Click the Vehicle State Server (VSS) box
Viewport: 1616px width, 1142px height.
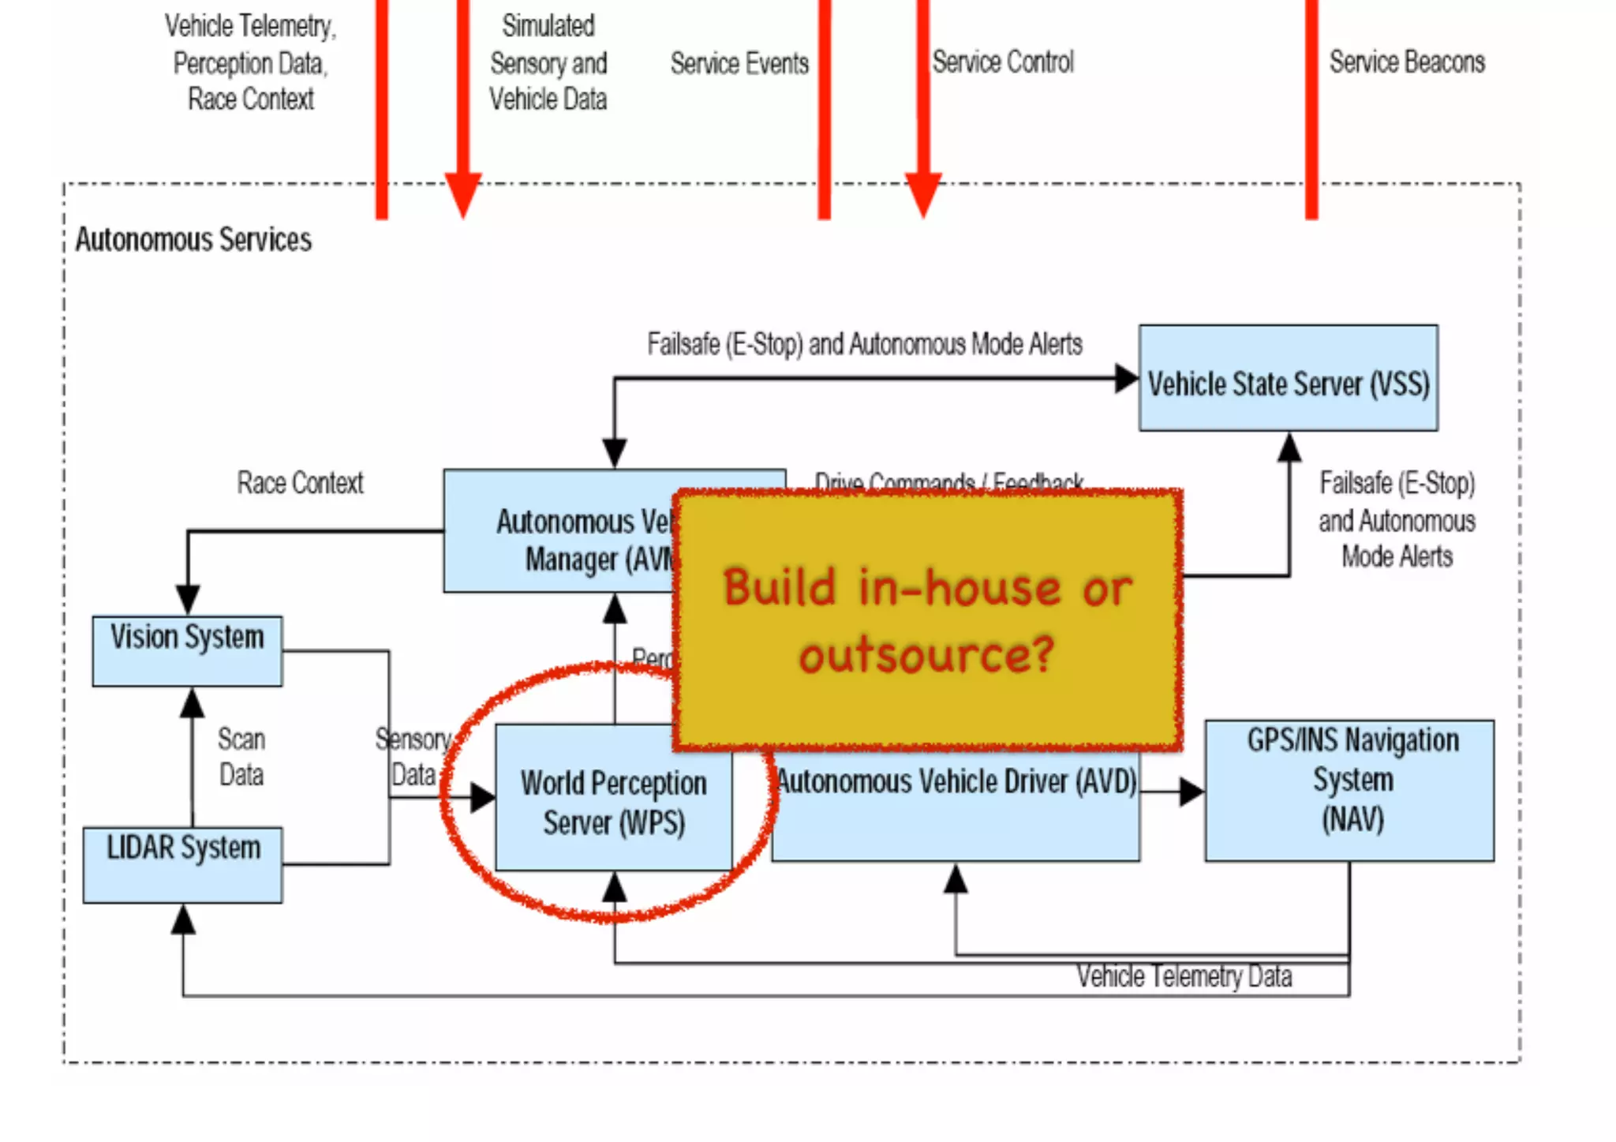[1288, 379]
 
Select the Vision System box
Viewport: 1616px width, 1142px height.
[187, 651]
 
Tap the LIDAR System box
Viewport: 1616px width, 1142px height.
[183, 864]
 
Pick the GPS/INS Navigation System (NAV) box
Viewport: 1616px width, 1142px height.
[1350, 790]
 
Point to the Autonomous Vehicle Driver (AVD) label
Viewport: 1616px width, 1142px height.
[956, 782]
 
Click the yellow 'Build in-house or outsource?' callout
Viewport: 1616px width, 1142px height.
[928, 620]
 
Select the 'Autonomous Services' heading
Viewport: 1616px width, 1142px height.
[193, 240]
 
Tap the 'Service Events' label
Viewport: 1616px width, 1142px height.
[739, 63]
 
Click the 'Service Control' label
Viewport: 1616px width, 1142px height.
[1003, 62]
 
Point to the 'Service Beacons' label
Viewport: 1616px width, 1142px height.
[1407, 62]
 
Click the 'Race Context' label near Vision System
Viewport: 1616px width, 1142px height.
[300, 483]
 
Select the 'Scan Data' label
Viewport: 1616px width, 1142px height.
[241, 757]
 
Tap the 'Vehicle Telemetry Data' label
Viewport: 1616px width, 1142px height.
[1184, 977]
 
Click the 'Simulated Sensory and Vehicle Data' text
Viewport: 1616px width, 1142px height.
[548, 63]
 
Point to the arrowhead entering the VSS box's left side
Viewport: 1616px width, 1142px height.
[1126, 379]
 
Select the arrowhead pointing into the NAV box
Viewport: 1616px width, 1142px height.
[1191, 792]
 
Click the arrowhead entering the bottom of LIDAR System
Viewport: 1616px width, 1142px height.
[183, 919]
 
